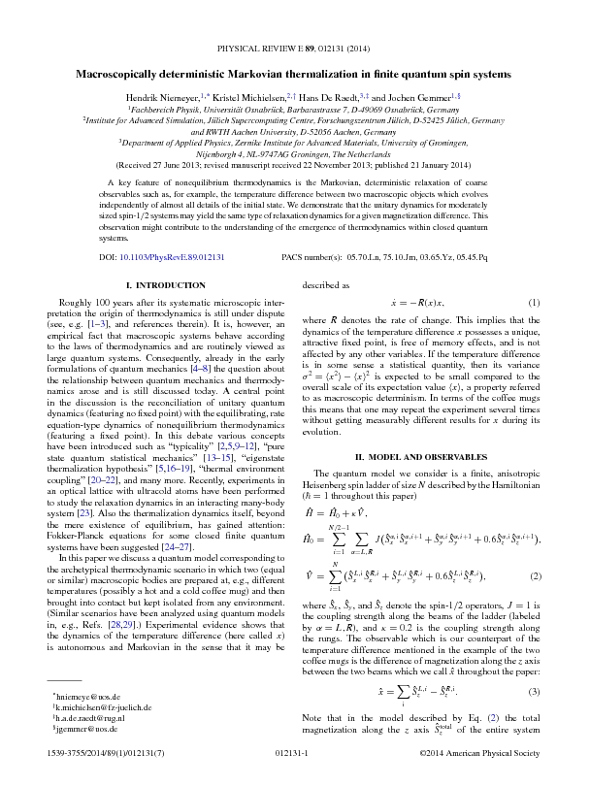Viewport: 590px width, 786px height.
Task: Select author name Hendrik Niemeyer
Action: point(158,99)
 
